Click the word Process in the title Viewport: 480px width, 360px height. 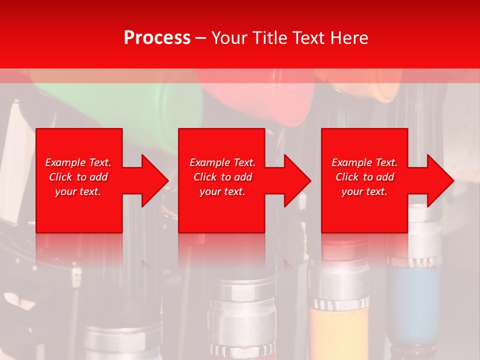157,38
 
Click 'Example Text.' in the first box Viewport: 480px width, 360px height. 78,162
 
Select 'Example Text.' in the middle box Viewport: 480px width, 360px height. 222,162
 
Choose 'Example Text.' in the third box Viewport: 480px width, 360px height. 364,162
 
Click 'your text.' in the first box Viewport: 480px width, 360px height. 78,191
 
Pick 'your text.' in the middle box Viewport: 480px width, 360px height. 222,191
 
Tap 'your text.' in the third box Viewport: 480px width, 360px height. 364,191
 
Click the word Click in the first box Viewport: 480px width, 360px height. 61,177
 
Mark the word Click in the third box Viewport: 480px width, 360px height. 347,177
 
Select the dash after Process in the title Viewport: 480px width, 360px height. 200,38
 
